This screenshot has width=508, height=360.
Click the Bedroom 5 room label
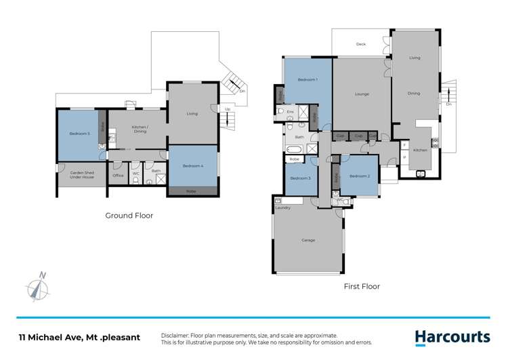coord(79,134)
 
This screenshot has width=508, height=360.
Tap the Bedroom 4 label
coord(192,166)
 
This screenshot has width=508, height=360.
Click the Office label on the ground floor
coord(118,176)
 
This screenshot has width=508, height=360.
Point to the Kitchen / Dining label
coord(140,129)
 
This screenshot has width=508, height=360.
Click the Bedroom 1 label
coord(308,81)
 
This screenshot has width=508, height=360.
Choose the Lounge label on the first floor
coord(361,94)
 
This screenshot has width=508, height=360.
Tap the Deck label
coord(361,45)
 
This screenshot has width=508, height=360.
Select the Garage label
coord(308,241)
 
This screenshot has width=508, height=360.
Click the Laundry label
coord(283,207)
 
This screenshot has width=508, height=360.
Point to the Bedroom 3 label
coord(300,178)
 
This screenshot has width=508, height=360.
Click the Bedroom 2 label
coord(359,176)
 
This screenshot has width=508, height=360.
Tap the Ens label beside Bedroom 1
coord(290,111)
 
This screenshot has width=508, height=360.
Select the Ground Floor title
coord(129,216)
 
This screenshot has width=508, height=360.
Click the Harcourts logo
coord(452,337)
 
